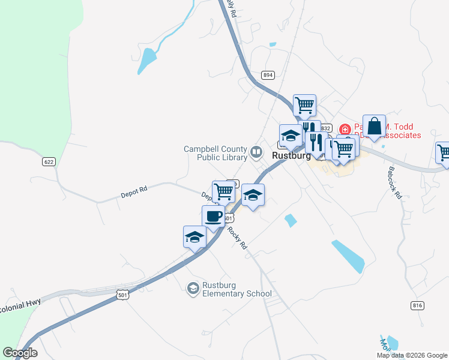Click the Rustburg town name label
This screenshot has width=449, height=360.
[x=291, y=155]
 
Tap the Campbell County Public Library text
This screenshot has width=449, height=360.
[x=215, y=154]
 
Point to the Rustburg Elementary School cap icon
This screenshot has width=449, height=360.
[x=193, y=289]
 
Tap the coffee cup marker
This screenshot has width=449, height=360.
[x=214, y=216]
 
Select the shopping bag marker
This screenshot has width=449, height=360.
[x=374, y=127]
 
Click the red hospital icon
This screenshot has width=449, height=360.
[x=345, y=129]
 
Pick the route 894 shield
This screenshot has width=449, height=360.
[x=268, y=75]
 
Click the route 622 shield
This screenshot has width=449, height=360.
[x=49, y=161]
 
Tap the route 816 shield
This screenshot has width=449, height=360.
[x=418, y=305]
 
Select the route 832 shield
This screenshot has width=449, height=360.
[x=325, y=128]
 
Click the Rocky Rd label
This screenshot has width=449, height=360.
[x=238, y=236]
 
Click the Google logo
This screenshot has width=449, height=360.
[x=20, y=353]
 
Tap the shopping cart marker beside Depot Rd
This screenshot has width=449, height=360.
[x=223, y=191]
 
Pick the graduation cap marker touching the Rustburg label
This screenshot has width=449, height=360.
[x=291, y=136]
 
